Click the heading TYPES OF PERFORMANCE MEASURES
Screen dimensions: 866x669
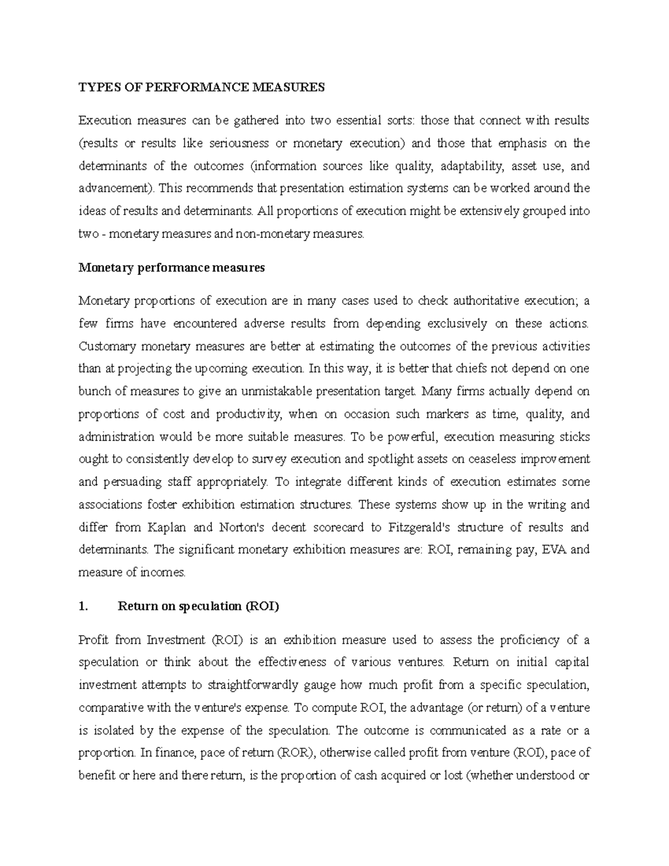201,87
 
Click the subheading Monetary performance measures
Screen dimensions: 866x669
172,268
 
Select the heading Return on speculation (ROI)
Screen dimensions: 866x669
198,607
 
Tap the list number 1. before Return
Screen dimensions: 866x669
84,607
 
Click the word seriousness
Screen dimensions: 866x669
239,143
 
